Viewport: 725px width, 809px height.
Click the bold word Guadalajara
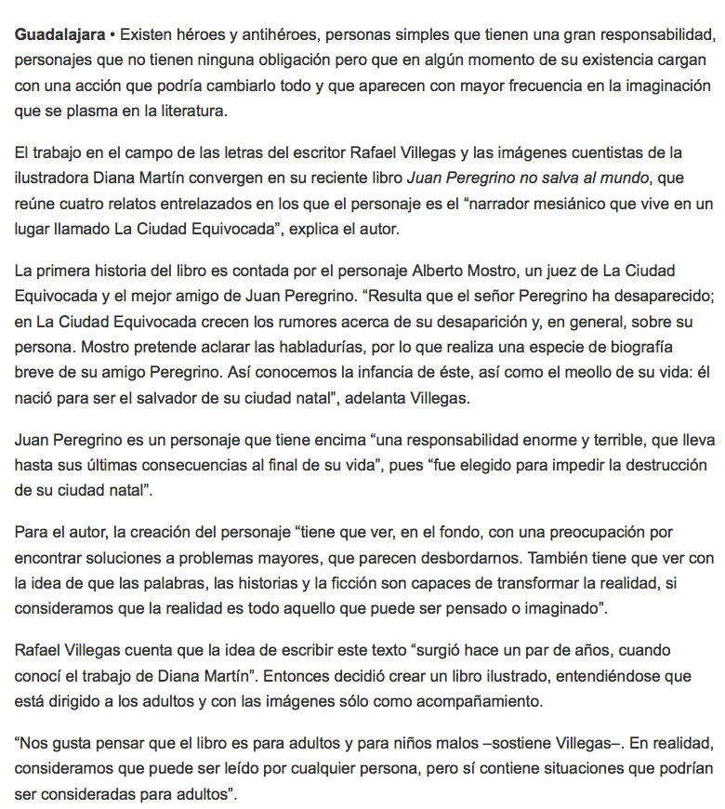pos(58,36)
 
